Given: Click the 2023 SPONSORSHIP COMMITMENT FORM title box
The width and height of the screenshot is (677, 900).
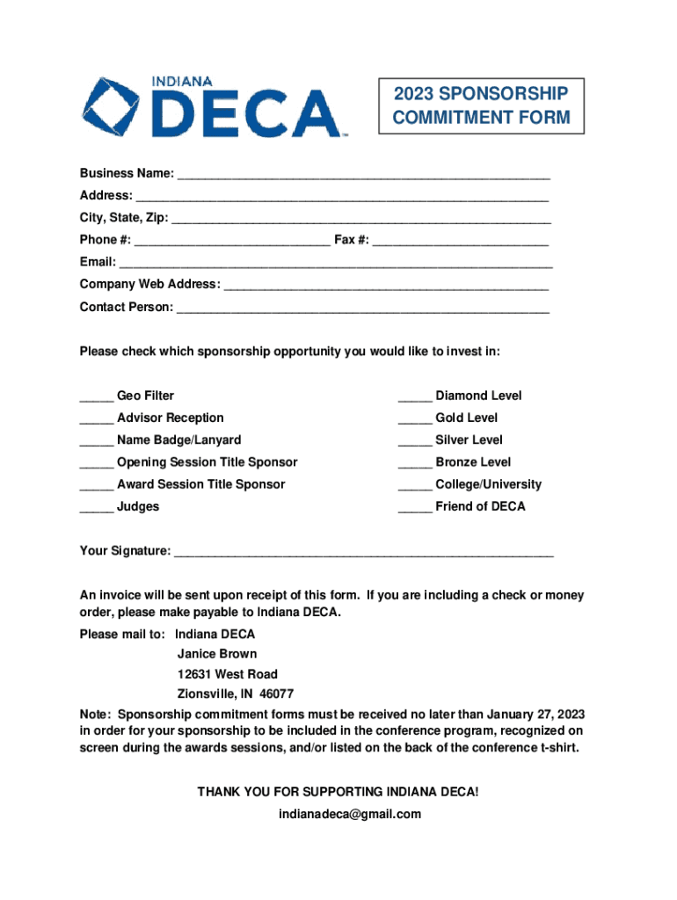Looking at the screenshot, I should point(481,105).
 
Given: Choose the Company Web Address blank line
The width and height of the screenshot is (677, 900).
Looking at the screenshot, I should point(387,286).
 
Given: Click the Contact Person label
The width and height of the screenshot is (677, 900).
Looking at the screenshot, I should point(127,308).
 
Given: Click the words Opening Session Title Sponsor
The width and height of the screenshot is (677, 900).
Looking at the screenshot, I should point(207,462).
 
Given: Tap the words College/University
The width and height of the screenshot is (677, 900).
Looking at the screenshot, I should point(488,484).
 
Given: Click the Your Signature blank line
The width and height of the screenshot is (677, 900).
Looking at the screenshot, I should point(364,553).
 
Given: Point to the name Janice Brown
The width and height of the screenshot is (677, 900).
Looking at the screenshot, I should point(217,654).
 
